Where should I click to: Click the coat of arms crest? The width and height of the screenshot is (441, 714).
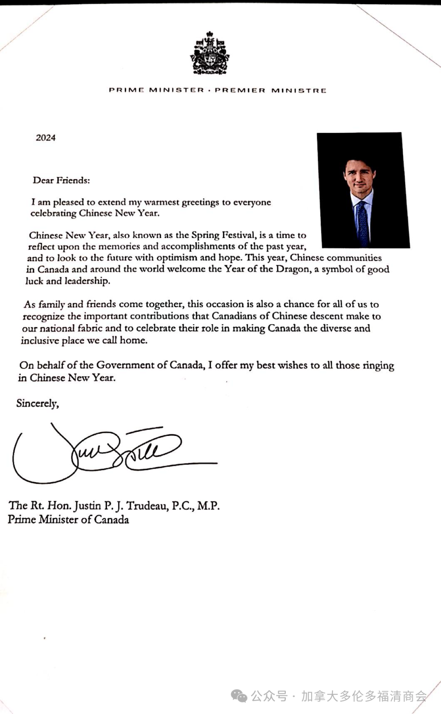coord(209,53)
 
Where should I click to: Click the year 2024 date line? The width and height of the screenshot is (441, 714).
coord(45,138)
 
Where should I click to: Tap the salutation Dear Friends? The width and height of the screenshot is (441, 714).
coord(61,180)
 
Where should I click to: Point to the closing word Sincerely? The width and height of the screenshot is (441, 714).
coord(37,404)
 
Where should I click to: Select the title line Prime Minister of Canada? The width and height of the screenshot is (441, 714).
coord(68,520)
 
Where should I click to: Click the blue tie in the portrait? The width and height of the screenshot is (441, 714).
coord(362,223)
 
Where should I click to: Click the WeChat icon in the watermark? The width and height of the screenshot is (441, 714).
coord(239,696)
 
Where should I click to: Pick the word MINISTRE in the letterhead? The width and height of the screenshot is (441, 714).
coord(299,90)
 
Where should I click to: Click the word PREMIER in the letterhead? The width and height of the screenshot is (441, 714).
coord(240,90)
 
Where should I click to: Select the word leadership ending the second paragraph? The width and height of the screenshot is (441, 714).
coord(87,281)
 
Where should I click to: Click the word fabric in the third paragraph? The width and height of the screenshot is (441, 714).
coord(90,328)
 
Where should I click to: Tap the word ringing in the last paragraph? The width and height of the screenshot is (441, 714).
coord(378,366)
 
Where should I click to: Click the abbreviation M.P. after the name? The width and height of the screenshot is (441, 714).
coord(208,506)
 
